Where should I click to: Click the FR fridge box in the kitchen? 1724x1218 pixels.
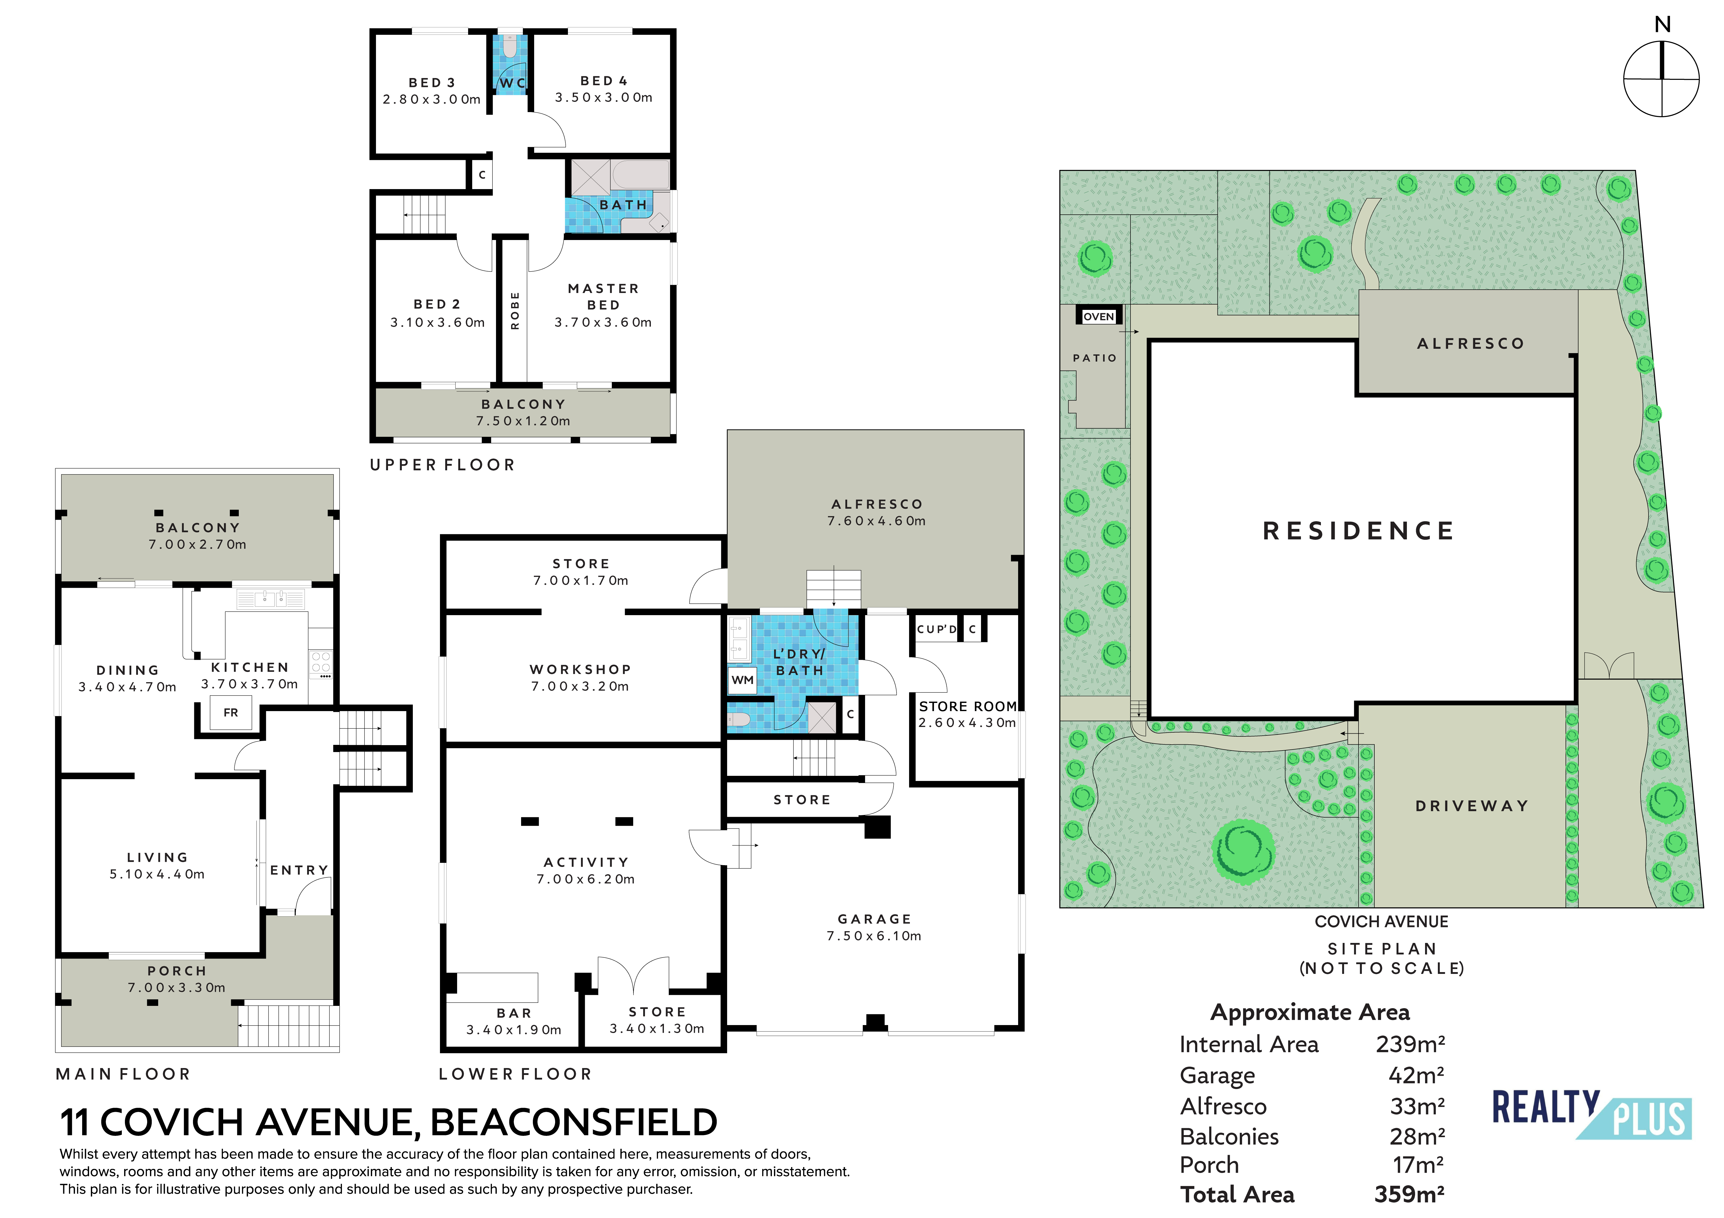click(x=231, y=712)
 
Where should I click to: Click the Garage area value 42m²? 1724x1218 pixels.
click(x=1416, y=1075)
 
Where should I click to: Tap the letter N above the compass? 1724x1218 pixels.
click(x=1662, y=25)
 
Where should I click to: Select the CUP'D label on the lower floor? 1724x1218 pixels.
click(x=937, y=629)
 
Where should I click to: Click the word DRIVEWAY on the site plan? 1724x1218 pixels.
click(x=1472, y=806)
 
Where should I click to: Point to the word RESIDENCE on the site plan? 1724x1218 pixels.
click(x=1358, y=531)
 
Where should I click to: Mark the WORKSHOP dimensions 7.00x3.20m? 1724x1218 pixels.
click(x=580, y=686)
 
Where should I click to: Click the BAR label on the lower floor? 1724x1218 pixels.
click(x=514, y=1014)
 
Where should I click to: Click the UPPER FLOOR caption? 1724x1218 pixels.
click(x=442, y=465)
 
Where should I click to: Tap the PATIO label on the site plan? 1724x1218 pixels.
click(x=1095, y=358)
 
